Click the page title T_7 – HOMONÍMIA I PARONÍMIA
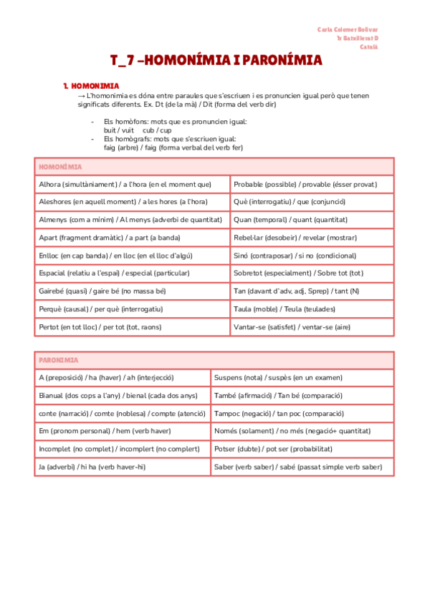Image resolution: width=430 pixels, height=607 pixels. [216, 61]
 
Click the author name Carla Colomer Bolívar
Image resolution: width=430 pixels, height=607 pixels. [348, 29]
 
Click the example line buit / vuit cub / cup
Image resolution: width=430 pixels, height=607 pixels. [138, 131]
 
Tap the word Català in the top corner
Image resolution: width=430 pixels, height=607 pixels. [368, 47]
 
